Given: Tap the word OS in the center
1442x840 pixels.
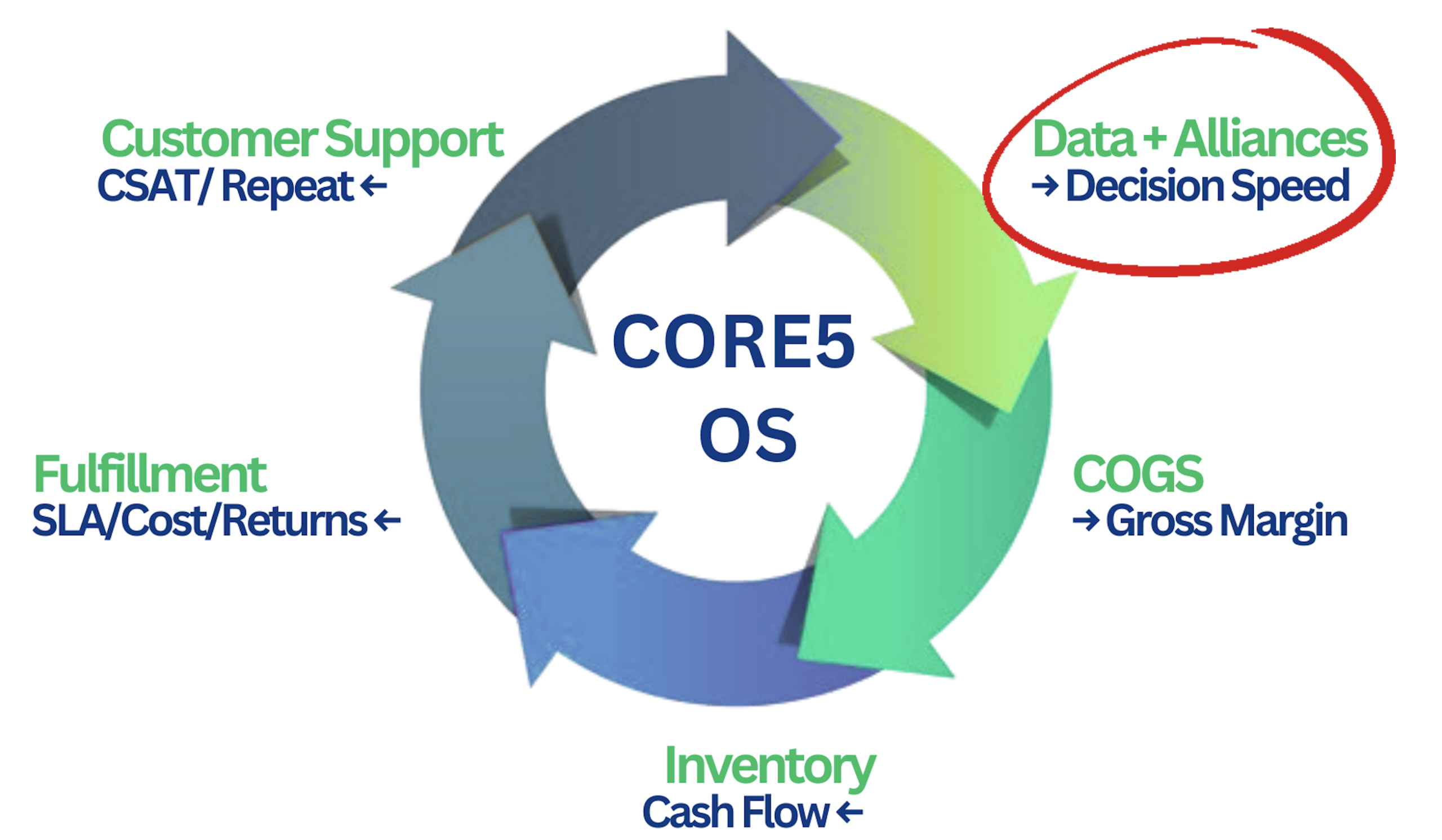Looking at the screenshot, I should click(x=747, y=435).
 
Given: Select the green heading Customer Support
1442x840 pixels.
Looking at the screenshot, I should click(x=302, y=139).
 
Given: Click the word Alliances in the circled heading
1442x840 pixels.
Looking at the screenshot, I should click(x=1270, y=139).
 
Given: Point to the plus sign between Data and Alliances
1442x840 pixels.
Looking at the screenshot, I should click(x=1154, y=139).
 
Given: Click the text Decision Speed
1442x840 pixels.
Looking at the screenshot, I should click(x=1207, y=186).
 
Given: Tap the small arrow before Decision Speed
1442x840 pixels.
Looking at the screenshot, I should click(x=1044, y=186).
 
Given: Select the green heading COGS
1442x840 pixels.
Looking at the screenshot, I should click(x=1138, y=474).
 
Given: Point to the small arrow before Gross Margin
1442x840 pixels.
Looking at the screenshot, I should click(x=1085, y=521).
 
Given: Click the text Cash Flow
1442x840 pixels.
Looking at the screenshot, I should click(x=735, y=812).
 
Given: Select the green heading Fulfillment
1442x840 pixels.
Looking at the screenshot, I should click(x=150, y=474).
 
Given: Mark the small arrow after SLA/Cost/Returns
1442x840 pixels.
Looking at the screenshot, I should click(x=388, y=521).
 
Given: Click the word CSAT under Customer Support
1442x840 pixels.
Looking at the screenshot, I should click(x=146, y=186).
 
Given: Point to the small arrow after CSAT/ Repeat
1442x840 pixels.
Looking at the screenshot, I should click(x=374, y=186).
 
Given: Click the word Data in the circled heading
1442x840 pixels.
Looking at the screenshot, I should click(x=1083, y=139).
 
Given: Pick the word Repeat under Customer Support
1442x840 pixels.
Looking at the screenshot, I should click(x=288, y=186).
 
